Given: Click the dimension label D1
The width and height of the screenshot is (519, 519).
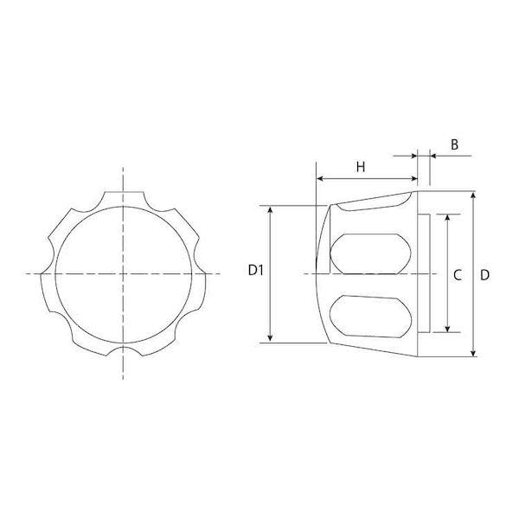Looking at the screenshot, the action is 255,271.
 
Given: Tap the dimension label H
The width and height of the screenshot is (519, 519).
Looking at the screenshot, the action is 361,167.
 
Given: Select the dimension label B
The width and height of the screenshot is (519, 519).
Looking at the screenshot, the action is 454,144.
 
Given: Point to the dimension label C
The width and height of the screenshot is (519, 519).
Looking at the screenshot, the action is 458,275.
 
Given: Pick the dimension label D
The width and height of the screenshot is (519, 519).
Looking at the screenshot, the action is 484,275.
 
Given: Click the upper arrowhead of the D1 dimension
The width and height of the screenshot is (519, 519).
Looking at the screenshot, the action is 271,209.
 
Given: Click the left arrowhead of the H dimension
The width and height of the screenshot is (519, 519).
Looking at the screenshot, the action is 320,179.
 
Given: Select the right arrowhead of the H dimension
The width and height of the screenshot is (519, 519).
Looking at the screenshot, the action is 413,179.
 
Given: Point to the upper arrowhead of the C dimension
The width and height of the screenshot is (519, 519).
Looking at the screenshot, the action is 447,217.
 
